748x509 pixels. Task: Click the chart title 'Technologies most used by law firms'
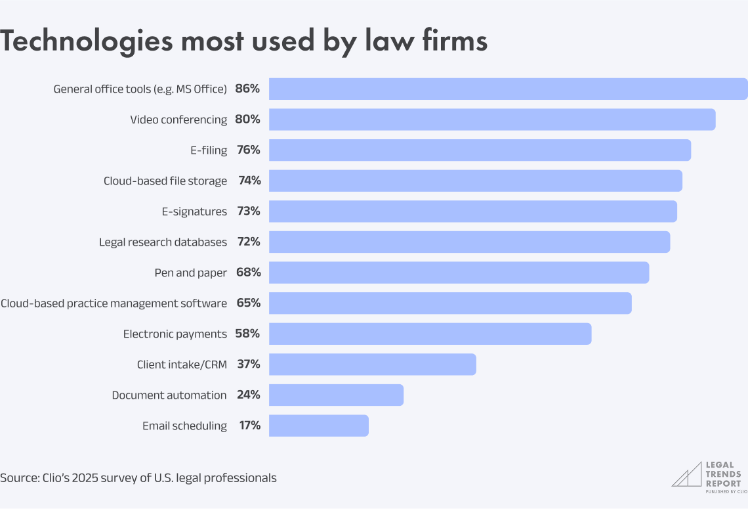point(243,41)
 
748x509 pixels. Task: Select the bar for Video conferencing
point(492,120)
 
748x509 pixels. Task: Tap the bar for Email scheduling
point(319,426)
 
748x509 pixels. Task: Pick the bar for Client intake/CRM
point(372,365)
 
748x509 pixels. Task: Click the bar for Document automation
point(336,395)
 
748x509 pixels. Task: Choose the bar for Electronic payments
point(430,334)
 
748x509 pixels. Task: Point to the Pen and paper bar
point(459,273)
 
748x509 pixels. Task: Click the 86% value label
point(247,89)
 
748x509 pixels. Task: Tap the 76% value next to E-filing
point(248,150)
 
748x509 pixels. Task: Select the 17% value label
point(249,426)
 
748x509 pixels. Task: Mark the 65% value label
point(248,303)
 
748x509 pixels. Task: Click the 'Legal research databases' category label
point(163,242)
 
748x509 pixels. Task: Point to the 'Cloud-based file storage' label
point(165,181)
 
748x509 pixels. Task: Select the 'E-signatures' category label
point(194,211)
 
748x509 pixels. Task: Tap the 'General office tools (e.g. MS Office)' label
point(140,89)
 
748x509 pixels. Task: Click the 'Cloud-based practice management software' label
point(114,303)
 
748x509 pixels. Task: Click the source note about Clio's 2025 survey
point(138,477)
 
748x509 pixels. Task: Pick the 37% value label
point(248,365)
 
